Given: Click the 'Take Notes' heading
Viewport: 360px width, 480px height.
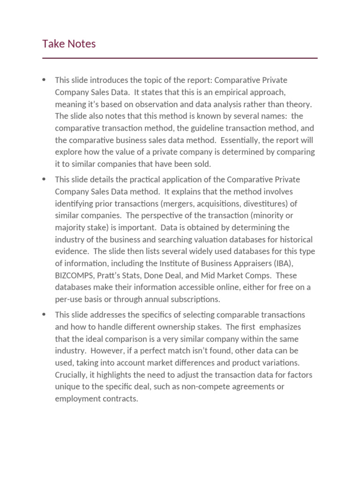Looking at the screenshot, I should tap(69, 44).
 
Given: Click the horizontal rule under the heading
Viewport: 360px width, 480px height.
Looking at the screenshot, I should tap(180, 58).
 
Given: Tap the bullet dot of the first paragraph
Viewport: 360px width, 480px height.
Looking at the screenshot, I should tap(44, 80).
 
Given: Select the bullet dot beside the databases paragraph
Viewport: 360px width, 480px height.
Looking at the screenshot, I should tap(44, 179).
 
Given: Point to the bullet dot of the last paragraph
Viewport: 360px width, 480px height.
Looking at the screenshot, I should tap(44, 314).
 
